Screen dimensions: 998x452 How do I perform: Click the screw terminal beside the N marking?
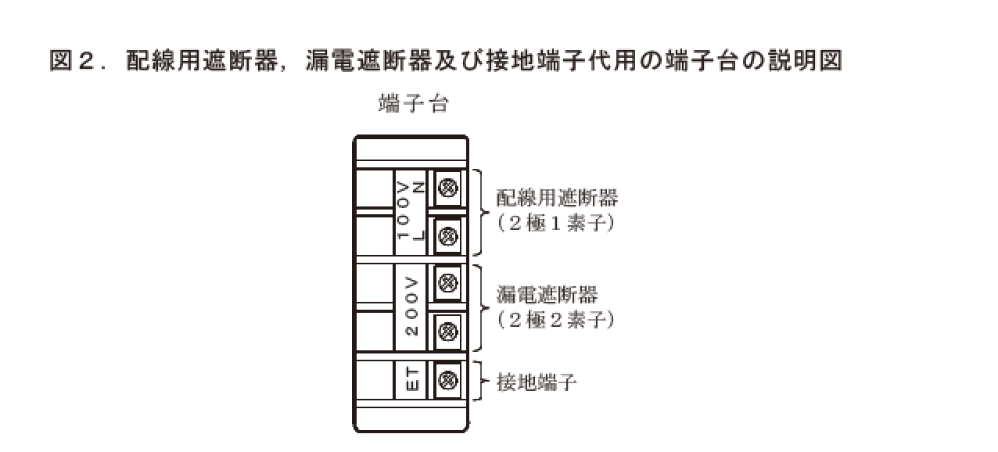[447, 188]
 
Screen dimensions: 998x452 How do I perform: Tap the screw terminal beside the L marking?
[447, 236]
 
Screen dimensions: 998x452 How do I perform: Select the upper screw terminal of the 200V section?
[447, 283]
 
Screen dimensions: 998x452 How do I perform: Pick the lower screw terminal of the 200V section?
[447, 332]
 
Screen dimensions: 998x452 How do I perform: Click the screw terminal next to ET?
[447, 380]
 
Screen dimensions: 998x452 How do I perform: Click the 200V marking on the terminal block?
[411, 306]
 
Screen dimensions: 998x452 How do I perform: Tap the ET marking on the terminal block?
[412, 380]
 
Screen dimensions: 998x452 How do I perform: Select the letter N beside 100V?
[418, 187]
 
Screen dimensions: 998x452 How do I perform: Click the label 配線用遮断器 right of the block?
[557, 198]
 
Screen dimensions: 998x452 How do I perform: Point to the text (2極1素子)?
[555, 223]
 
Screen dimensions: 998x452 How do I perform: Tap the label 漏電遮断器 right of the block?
[547, 294]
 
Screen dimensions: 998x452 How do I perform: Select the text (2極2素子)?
[555, 319]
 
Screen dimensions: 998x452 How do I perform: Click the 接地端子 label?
[537, 382]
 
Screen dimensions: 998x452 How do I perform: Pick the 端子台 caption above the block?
[414, 104]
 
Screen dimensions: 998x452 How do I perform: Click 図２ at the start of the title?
[72, 60]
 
